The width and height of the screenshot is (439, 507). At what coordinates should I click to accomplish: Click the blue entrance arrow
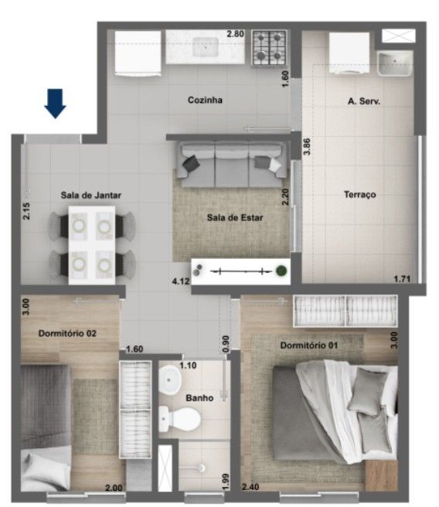(56, 104)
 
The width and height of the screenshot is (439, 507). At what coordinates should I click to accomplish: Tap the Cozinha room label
(205, 100)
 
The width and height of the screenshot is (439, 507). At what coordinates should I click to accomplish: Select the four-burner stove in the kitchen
(270, 48)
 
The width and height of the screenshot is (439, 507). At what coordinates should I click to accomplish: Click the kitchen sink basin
(206, 47)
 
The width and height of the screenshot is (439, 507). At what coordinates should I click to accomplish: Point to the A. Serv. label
(364, 101)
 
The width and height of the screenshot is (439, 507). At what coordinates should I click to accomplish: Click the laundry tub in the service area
(395, 63)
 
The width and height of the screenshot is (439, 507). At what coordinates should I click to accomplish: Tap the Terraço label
(360, 194)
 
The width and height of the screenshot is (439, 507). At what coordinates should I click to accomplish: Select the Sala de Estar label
(235, 218)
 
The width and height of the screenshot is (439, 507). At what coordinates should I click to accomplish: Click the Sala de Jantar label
(91, 196)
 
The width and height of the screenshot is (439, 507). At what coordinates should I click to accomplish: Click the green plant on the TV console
(281, 271)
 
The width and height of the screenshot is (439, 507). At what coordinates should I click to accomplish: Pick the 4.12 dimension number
(181, 281)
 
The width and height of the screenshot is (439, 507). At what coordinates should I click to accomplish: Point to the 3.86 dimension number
(307, 147)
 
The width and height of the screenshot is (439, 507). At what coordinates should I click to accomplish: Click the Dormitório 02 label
(67, 333)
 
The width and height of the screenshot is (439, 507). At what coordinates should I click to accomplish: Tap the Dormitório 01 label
(309, 345)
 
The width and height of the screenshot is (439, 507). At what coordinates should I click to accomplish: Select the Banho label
(199, 398)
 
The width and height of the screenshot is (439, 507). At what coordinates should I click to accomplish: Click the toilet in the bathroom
(180, 419)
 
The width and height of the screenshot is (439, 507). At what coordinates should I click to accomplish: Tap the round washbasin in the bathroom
(170, 380)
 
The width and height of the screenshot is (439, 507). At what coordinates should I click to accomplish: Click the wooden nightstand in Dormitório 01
(381, 475)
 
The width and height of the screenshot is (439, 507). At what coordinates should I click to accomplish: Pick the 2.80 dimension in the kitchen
(235, 34)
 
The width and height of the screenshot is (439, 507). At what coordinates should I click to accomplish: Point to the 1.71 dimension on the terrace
(402, 279)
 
